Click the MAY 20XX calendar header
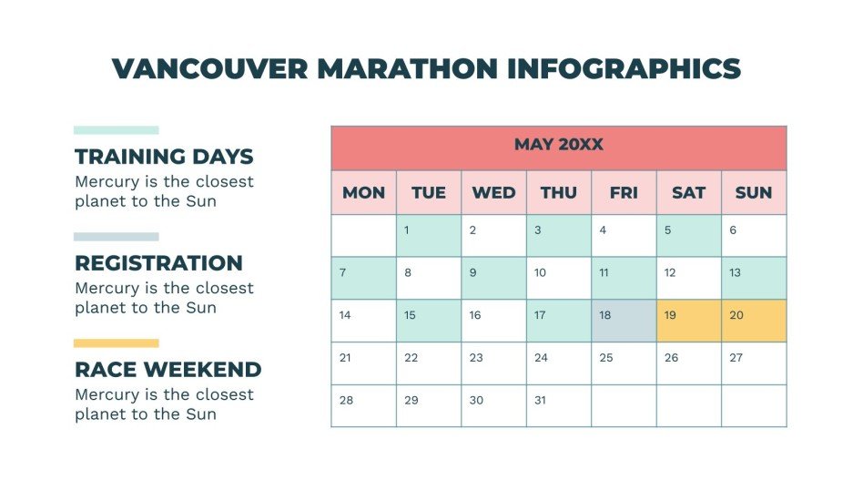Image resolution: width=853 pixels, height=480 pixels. point(558,146)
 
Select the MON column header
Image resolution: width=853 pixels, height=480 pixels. point(363,192)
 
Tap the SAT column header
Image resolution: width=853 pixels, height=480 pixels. point(688,192)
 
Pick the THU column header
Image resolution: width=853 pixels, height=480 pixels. point(558,192)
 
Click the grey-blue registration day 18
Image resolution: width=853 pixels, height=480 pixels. point(624,321)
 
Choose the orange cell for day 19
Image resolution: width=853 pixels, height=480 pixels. point(688,321)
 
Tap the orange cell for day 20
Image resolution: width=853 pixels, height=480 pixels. point(754,321)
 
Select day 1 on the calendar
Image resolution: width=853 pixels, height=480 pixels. point(429,235)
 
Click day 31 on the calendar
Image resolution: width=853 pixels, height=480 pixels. point(558,405)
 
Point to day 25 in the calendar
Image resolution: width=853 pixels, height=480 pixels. point(624,363)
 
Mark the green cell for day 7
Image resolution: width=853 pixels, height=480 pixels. point(363,278)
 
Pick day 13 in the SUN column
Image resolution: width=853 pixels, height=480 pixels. point(754,278)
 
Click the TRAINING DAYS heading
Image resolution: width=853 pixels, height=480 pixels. point(164,157)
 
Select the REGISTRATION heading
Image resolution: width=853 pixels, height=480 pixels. point(158,263)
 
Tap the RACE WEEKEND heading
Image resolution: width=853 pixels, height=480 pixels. point(168,370)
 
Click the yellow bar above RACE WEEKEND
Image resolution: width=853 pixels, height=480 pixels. point(117,343)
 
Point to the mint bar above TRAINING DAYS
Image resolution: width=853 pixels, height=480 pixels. point(117,130)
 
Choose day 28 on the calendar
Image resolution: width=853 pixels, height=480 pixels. point(363,405)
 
